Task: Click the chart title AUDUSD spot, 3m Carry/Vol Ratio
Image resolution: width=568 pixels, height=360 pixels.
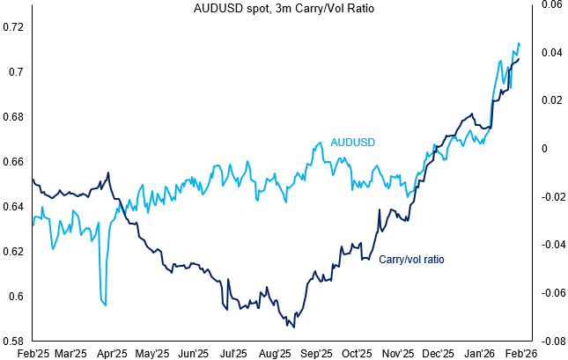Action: tap(284, 9)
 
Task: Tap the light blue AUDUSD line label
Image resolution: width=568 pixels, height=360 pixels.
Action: tap(353, 143)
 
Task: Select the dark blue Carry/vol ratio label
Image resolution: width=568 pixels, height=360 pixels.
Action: tap(411, 260)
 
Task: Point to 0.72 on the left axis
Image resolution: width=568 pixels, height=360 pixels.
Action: tap(14, 26)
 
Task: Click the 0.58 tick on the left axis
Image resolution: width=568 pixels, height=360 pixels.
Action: tap(14, 341)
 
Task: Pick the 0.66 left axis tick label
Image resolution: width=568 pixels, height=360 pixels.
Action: tap(14, 161)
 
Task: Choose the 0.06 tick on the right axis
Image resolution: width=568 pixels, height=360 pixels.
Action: tap(551, 4)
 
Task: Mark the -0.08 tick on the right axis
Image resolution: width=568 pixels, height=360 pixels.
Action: tap(550, 341)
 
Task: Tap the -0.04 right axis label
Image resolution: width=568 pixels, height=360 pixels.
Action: tap(550, 245)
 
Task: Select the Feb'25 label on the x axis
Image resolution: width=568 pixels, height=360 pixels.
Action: tap(33, 353)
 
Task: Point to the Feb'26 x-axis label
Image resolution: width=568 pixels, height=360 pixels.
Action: tap(520, 353)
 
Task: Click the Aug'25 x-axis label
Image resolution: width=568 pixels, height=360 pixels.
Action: tap(275, 353)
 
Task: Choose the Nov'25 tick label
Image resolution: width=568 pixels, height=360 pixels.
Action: tap(397, 353)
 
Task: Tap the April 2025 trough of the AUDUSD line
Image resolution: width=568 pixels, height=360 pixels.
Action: tap(105, 305)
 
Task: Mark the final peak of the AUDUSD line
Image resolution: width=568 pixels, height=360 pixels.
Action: tap(519, 43)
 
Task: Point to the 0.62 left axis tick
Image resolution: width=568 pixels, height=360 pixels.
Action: tap(14, 251)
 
